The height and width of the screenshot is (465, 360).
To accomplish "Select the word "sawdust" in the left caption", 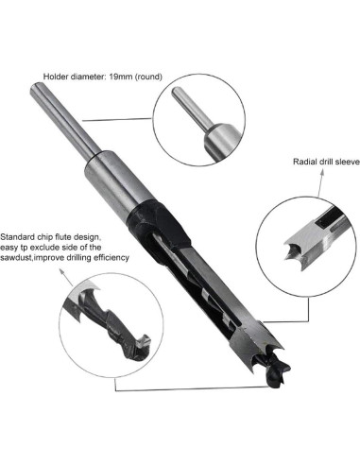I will [x=21, y=259].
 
